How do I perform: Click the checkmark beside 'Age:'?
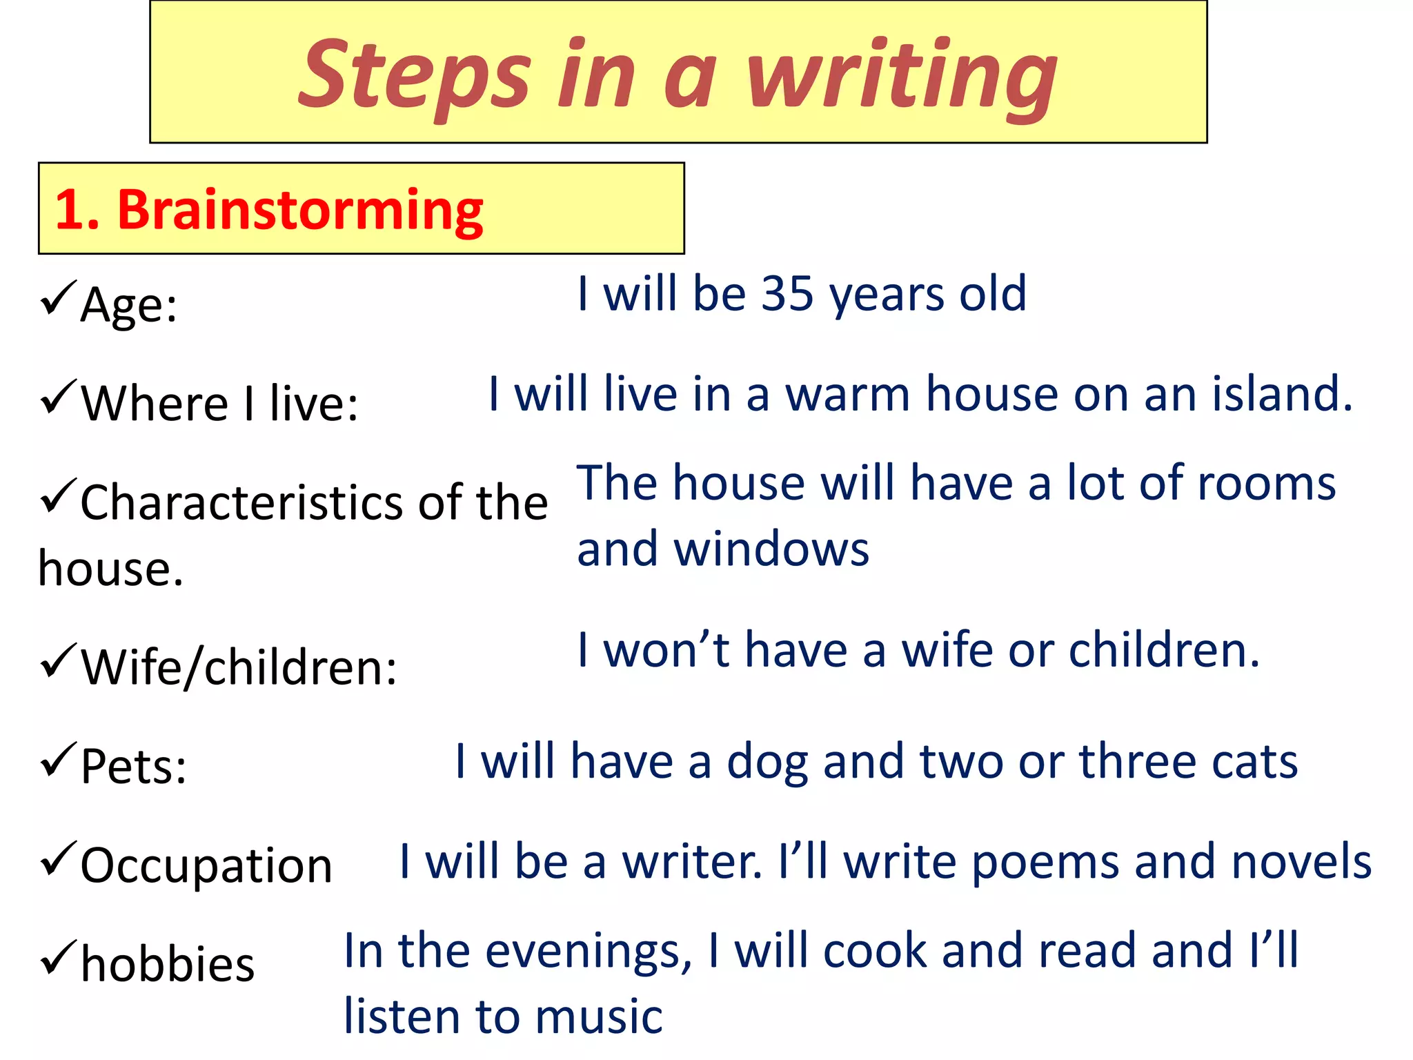[x=57, y=297]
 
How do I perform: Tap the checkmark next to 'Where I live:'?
[x=57, y=396]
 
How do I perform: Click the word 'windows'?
[x=771, y=549]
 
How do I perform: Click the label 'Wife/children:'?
[x=239, y=667]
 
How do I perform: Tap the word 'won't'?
[x=666, y=650]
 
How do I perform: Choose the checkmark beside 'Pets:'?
[x=57, y=759]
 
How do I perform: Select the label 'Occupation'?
[x=206, y=865]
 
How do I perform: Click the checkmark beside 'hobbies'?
[x=57, y=957]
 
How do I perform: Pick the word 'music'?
[x=598, y=1017]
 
